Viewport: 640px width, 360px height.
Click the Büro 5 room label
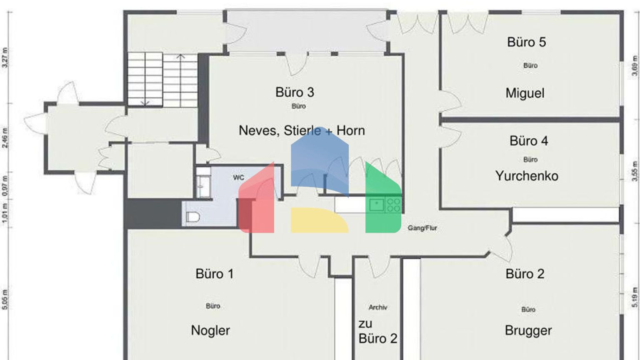point(526,42)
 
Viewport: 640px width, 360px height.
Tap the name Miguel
point(525,93)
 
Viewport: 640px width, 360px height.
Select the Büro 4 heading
point(528,141)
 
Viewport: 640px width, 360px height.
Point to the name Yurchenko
point(527,176)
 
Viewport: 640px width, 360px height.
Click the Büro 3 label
point(295,92)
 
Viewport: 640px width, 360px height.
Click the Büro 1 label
point(214,274)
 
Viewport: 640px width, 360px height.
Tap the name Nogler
point(210,330)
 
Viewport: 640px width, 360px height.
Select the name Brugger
point(528,330)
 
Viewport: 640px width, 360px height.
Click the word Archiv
point(378,307)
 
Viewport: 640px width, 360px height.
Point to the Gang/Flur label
point(422,228)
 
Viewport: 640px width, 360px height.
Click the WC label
point(238,178)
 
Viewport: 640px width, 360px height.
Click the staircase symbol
point(162,79)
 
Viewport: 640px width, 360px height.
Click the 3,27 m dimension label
point(5,57)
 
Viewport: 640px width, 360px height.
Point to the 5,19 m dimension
point(635,298)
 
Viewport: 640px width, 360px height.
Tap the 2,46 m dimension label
point(5,137)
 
